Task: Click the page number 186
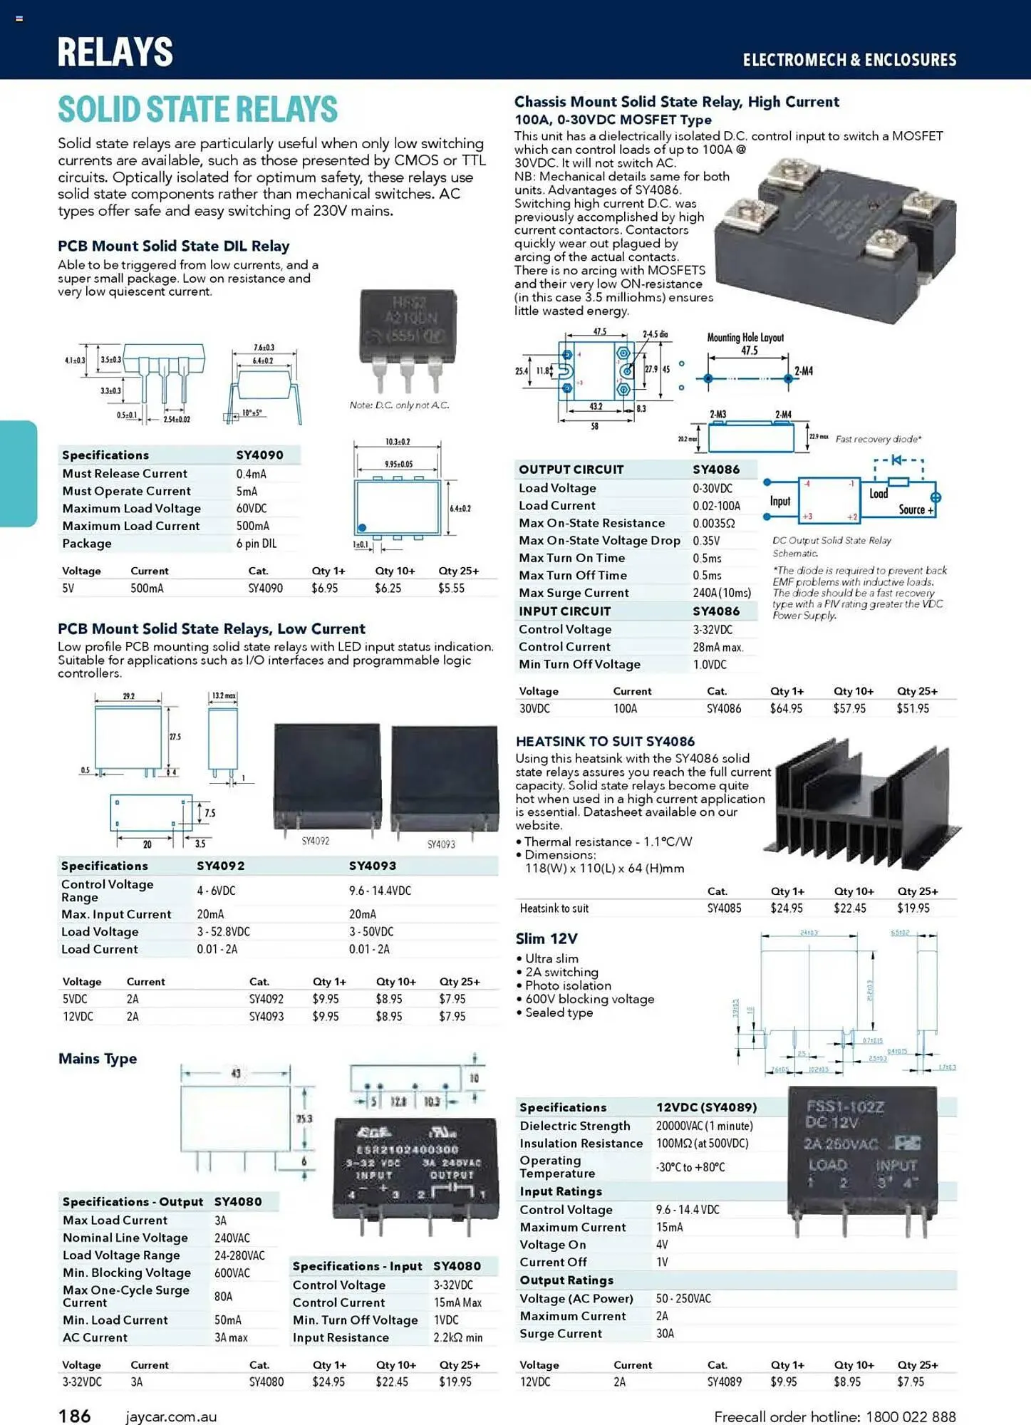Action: click(x=74, y=1415)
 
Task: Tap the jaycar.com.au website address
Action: click(x=171, y=1416)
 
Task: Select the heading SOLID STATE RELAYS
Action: click(x=197, y=109)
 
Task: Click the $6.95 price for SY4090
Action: click(x=324, y=589)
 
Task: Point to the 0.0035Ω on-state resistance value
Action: click(x=713, y=523)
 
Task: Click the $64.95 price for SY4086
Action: click(x=786, y=709)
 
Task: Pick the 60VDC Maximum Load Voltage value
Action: click(x=252, y=509)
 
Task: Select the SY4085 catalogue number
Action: click(x=724, y=908)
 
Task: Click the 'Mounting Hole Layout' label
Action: click(x=745, y=338)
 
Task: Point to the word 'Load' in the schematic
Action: click(x=879, y=493)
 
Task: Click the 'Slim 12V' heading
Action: click(x=546, y=938)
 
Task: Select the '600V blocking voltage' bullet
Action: click(x=589, y=999)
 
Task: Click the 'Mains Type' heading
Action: click(x=98, y=1058)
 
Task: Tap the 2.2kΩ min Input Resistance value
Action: click(x=458, y=1338)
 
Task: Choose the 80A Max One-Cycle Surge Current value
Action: click(x=223, y=1297)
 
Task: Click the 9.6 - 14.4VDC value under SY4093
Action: click(x=380, y=891)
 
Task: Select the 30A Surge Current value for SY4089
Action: click(x=665, y=1334)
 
